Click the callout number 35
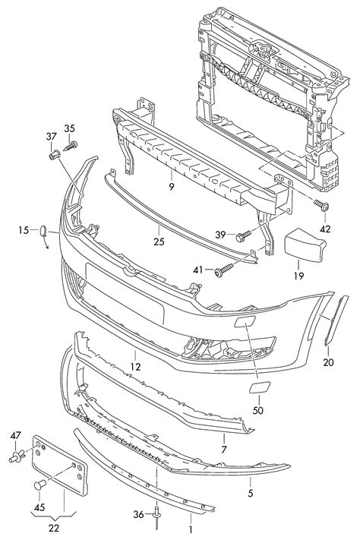tap(69, 128)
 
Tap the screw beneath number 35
tap(71, 146)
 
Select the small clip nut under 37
tap(53, 156)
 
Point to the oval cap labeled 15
tap(43, 231)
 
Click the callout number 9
tap(172, 187)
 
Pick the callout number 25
tap(159, 242)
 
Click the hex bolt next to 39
tap(243, 236)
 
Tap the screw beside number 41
tap(224, 270)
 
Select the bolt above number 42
tap(321, 205)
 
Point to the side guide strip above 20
tap(336, 320)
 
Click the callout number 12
tap(136, 366)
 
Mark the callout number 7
tap(224, 450)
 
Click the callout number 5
tap(251, 492)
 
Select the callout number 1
tap(190, 529)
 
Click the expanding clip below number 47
tap(17, 456)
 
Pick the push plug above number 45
tap(40, 484)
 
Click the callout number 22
tap(54, 528)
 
